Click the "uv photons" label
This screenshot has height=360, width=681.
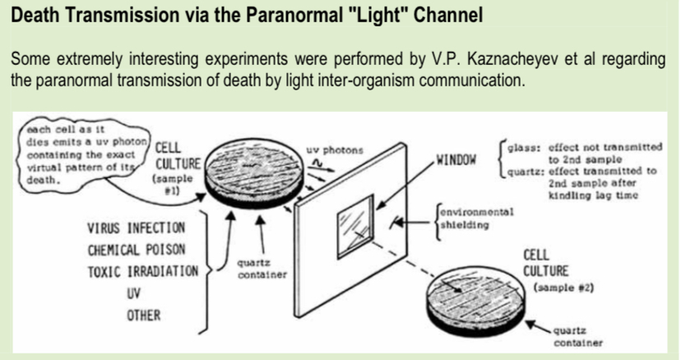tap(334, 151)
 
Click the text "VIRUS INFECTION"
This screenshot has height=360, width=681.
tap(135, 226)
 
